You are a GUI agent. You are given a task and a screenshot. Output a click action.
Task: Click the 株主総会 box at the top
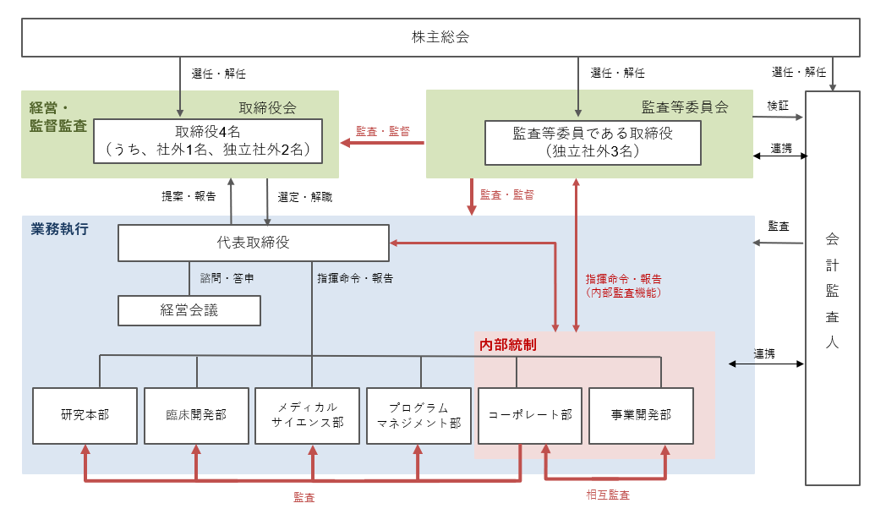[x=440, y=37]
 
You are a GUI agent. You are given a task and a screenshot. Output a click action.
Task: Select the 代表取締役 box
[x=254, y=243]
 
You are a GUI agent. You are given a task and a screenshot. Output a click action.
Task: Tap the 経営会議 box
[x=189, y=310]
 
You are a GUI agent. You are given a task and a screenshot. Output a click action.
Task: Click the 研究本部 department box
[x=85, y=416]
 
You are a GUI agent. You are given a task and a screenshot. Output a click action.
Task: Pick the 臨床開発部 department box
[x=196, y=416]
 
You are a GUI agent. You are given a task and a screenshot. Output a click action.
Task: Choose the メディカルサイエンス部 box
[x=308, y=416]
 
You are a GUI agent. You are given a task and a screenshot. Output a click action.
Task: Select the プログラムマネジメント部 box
[x=418, y=416]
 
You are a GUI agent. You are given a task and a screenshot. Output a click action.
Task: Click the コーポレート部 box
[x=530, y=416]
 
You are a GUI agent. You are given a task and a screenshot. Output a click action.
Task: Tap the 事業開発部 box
[x=641, y=416]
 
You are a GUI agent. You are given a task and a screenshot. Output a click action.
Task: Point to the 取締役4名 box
[x=208, y=141]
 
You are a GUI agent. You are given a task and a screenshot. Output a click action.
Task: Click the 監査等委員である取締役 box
[x=593, y=143]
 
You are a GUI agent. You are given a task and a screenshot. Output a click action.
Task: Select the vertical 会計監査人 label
[x=832, y=290]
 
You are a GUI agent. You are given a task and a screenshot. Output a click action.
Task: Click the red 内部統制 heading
[x=508, y=345]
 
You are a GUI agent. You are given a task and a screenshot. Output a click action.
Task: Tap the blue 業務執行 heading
[x=60, y=229]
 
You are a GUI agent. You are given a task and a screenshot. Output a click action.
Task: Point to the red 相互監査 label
[x=608, y=495]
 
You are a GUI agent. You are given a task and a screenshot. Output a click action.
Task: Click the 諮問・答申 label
[x=227, y=278]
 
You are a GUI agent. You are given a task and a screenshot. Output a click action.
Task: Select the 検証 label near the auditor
[x=778, y=106]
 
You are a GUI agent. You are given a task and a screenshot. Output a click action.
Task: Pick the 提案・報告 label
[x=189, y=196]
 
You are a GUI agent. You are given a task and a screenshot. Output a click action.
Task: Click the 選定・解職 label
[x=304, y=197]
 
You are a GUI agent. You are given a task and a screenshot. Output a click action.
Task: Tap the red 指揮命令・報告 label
[x=623, y=279]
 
